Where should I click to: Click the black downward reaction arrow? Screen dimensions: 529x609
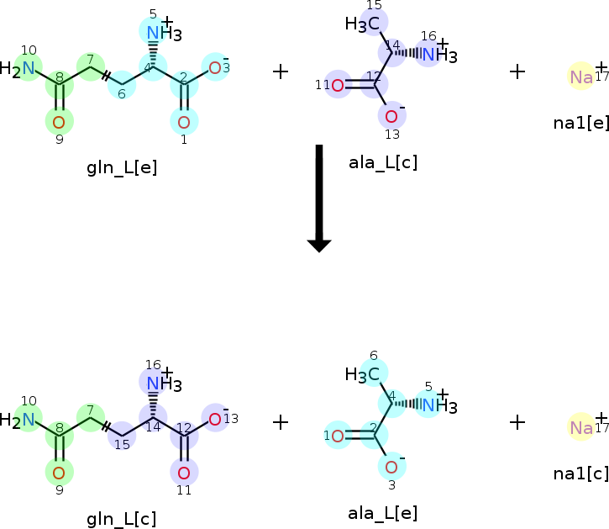pyautogui.click(x=319, y=198)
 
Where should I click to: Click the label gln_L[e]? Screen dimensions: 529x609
pyautogui.click(x=122, y=167)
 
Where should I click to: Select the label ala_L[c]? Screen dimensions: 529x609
pyautogui.click(x=383, y=162)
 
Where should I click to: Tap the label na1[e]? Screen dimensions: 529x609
pyautogui.click(x=580, y=123)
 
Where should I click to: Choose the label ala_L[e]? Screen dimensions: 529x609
pyautogui.click(x=382, y=512)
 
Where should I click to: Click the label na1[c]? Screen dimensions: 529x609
pyautogui.click(x=580, y=473)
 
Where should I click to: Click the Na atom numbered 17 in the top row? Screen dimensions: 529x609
pyautogui.click(x=580, y=77)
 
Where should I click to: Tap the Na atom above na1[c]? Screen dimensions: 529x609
pyautogui.click(x=580, y=427)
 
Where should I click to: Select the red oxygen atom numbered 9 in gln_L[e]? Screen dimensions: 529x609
pyautogui.click(x=59, y=123)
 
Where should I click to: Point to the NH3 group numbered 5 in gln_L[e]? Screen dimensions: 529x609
pyautogui.click(x=160, y=34)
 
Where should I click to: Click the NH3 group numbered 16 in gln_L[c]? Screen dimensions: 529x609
pyautogui.click(x=160, y=384)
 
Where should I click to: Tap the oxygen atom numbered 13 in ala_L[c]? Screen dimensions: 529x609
pyautogui.click(x=391, y=116)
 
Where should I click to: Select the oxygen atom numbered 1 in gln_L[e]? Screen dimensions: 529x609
pyautogui.click(x=184, y=123)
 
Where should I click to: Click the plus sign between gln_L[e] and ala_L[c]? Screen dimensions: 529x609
pyautogui.click(x=281, y=71)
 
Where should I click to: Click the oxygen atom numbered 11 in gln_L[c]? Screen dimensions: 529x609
pyautogui.click(x=184, y=471)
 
